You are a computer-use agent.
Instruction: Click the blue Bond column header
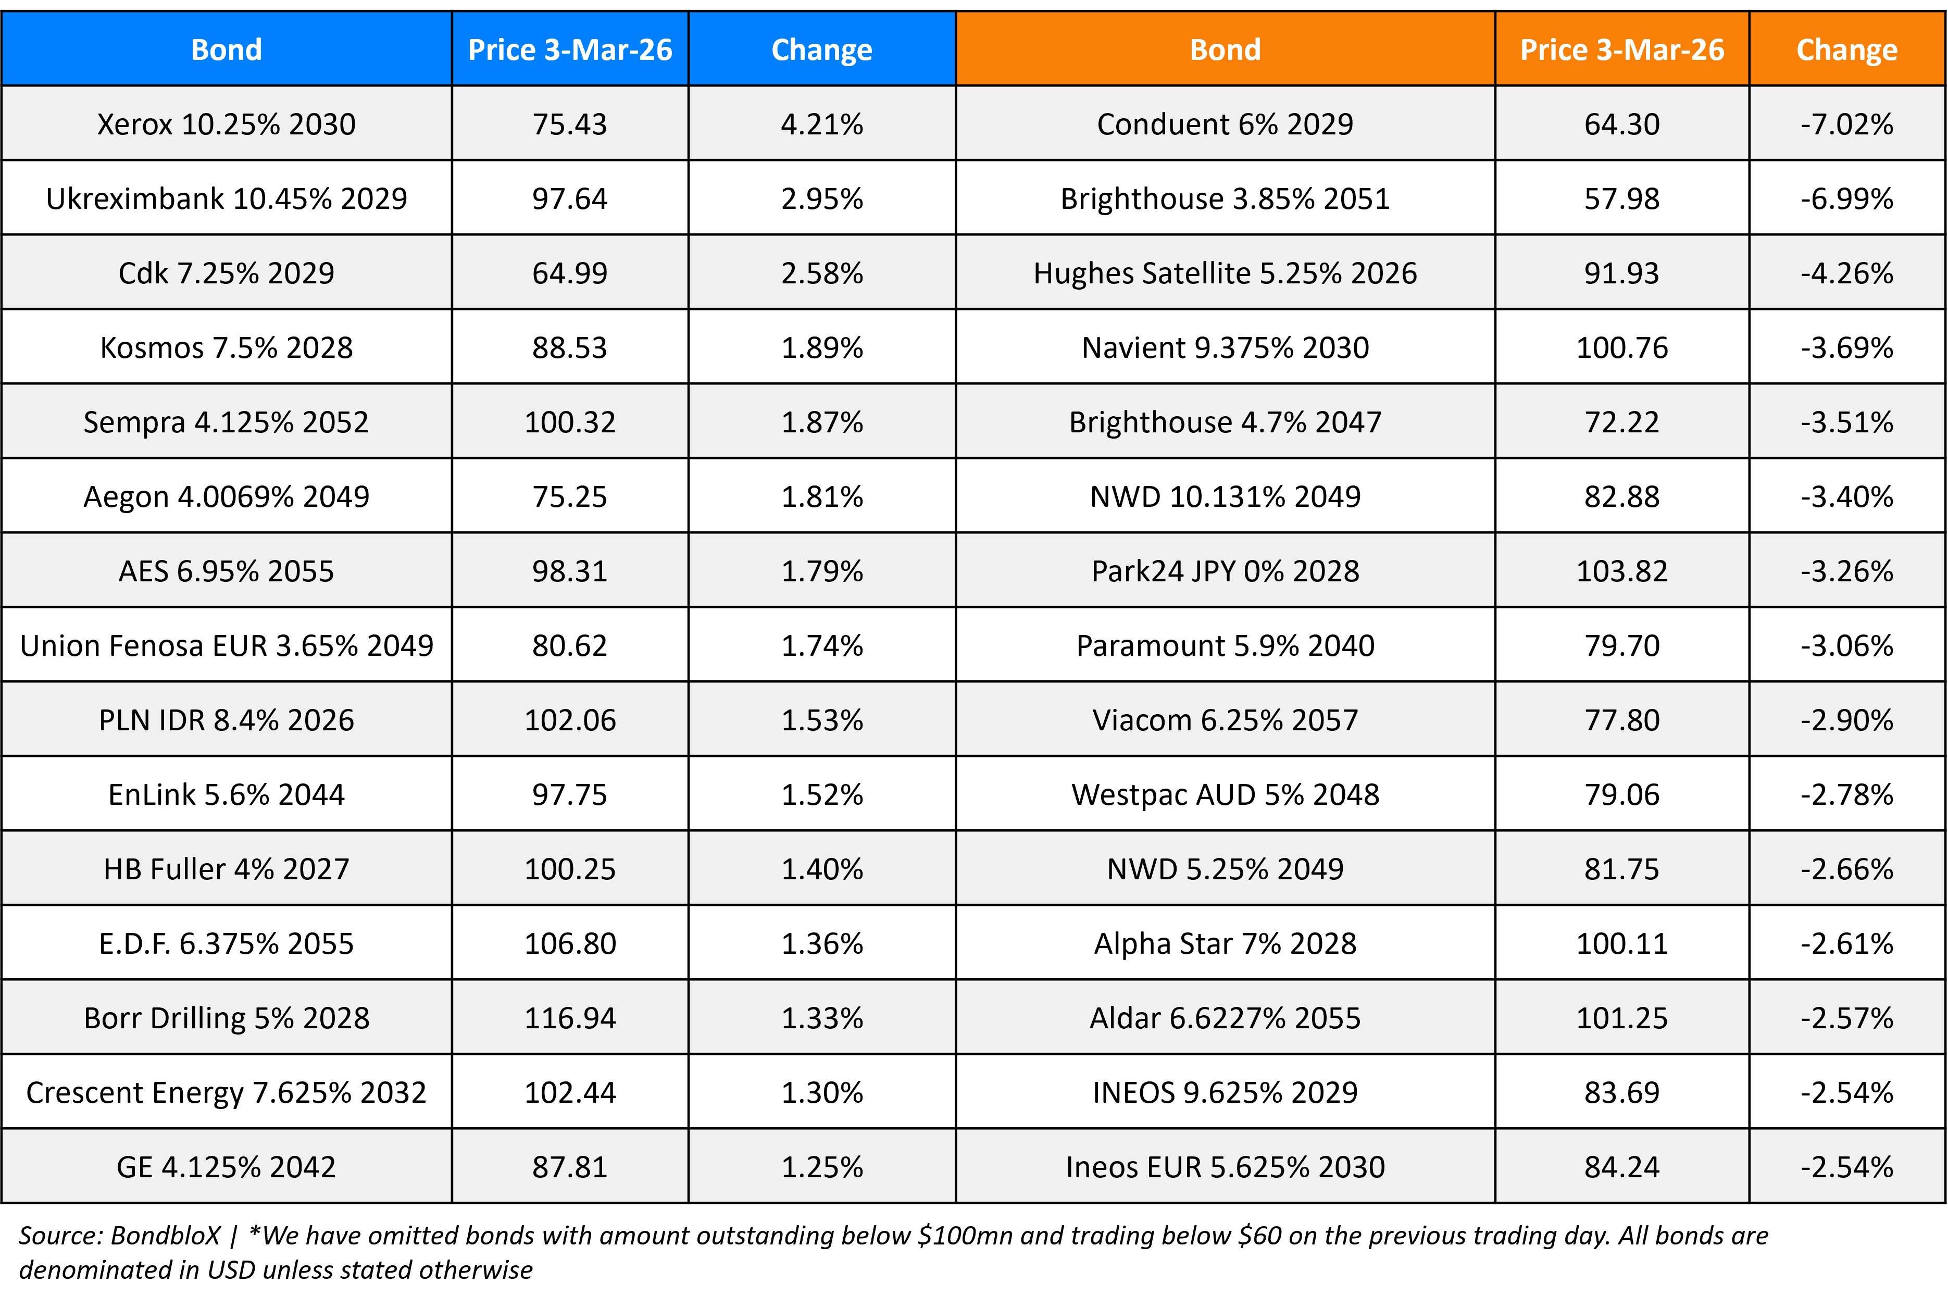(x=226, y=50)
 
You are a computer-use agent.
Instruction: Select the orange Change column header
(x=1846, y=50)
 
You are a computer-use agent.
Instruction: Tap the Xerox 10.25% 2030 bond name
(x=226, y=124)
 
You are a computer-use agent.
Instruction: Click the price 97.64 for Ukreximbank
(x=570, y=198)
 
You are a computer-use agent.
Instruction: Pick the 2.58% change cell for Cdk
(x=821, y=273)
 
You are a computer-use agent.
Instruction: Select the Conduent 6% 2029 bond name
(x=1224, y=124)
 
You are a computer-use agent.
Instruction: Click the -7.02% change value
(x=1846, y=124)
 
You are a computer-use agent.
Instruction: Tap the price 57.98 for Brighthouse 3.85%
(x=1621, y=198)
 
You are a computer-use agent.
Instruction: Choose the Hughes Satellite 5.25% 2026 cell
(x=1224, y=273)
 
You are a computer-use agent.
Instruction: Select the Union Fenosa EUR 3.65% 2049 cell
(x=226, y=645)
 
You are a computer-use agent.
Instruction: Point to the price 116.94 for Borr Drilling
(x=570, y=1018)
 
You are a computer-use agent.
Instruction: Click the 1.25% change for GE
(x=821, y=1166)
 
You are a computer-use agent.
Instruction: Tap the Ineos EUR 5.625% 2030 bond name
(x=1224, y=1166)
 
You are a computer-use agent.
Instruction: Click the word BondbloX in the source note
(x=165, y=1236)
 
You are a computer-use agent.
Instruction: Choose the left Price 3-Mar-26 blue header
(x=570, y=50)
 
